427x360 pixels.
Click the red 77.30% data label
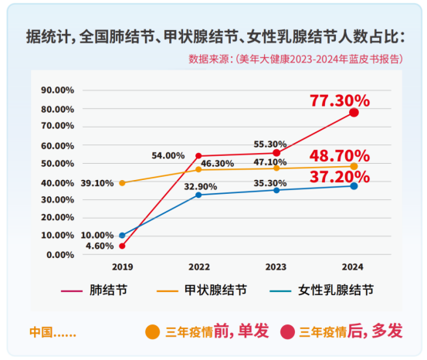coord(340,100)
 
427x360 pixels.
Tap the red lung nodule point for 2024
coord(354,112)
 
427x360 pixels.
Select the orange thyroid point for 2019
coord(122,183)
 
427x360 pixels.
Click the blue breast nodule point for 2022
coord(198,195)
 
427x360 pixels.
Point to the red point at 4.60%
coord(122,246)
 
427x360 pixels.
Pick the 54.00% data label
coord(168,155)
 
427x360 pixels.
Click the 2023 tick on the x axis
coord(276,267)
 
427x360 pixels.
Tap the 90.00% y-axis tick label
coord(57,90)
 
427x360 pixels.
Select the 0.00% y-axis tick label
coord(60,255)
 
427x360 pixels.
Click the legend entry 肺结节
coord(94,290)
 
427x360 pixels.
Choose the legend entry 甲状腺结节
coord(202,290)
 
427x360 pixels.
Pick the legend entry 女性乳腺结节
coord(322,290)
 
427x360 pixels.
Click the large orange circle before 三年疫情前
coord(153,332)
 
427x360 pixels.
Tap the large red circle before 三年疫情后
coord(287,332)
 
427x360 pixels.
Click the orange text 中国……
coord(53,332)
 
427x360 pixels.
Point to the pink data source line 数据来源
coord(296,59)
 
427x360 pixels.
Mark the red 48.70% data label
coord(340,156)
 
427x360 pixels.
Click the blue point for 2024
coord(354,186)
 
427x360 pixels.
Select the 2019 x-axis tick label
coord(123,267)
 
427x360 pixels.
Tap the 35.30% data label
coord(270,183)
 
